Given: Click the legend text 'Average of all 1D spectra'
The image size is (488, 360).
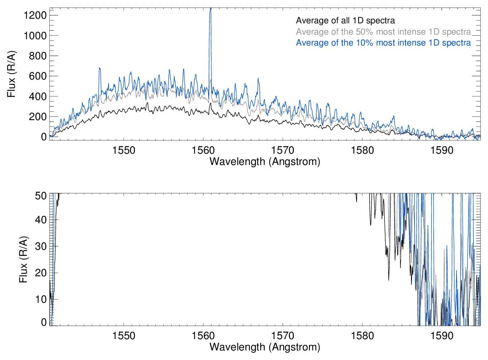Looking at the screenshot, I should coord(345,20).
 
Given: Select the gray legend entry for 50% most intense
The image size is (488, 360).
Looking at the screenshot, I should coord(383,32).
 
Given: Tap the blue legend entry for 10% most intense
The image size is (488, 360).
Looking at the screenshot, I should coord(383,43).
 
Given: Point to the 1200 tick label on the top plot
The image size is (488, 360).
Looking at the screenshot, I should coord(35,15).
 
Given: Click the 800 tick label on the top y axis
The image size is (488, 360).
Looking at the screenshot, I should coord(38,56).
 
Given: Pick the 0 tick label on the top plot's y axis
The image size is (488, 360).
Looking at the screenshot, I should coord(44,137).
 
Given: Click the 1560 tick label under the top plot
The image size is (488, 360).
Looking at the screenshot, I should coord(203,150).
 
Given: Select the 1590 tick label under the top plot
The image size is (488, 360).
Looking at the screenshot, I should coord(442,150).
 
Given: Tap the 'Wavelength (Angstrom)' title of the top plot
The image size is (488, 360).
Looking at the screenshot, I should coord(265,161).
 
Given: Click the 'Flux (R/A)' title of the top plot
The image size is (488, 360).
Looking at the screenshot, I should coord(12,74).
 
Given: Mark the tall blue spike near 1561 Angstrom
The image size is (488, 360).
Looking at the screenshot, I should coord(210,14).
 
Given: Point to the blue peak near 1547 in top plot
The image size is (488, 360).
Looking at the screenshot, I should coord(100,69).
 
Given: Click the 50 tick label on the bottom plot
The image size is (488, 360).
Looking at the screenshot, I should coord(41,196).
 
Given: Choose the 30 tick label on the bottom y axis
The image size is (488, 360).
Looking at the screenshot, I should coord(41,246).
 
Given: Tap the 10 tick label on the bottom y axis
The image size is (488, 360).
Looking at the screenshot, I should coord(41,299).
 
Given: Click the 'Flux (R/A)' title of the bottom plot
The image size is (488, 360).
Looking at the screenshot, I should coord(23,260).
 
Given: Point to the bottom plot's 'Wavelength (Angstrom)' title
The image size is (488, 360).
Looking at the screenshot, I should coord(265,347).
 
